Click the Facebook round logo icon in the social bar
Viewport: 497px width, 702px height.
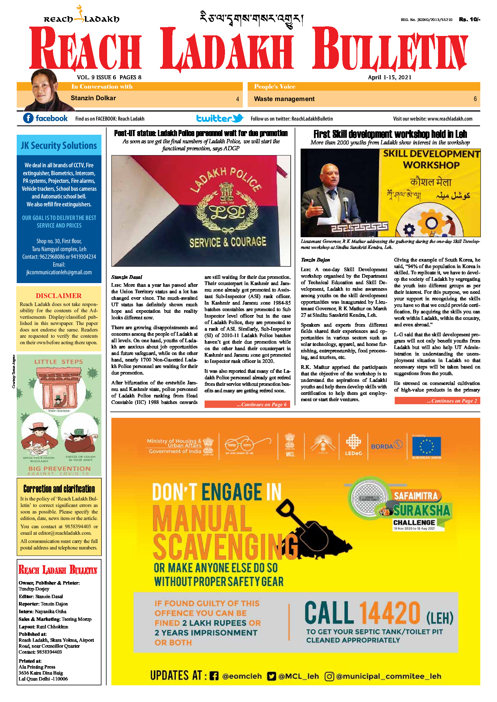28,118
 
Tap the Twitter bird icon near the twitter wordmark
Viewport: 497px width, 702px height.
238,118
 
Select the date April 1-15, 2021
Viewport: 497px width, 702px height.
389,77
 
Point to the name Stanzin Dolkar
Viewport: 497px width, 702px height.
93,98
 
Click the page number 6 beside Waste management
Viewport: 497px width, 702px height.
475,99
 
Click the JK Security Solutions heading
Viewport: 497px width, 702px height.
59,145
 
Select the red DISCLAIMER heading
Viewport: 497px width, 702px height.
58,296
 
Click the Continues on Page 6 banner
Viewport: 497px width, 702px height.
247,404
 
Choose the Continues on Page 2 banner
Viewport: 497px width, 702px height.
437,401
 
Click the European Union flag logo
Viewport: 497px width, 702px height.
426,446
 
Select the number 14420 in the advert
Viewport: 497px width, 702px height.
389,613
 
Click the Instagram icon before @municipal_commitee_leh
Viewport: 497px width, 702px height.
329,676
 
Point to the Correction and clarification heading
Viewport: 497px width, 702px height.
59,489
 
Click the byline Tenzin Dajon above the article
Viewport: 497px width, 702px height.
315,260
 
